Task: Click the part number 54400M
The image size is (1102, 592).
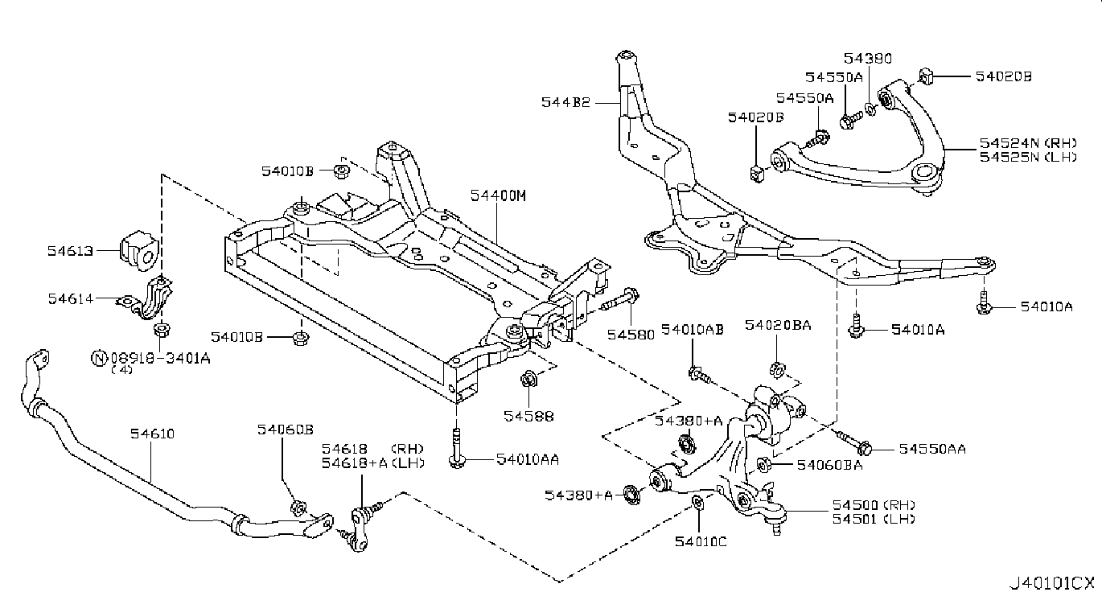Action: [498, 195]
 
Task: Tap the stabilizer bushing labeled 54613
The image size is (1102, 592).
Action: [138, 251]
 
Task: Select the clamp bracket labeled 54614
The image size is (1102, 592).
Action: [146, 298]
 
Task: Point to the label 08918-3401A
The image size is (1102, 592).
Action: [160, 358]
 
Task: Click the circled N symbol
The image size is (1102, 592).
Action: [99, 358]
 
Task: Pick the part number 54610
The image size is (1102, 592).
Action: [152, 434]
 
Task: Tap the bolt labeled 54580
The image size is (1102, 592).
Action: [621, 299]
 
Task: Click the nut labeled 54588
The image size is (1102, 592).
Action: [528, 379]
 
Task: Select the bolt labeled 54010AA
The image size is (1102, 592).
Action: [457, 448]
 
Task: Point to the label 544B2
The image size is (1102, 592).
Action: [565, 102]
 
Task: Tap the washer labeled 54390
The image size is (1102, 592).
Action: [870, 109]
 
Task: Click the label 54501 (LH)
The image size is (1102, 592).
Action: [874, 519]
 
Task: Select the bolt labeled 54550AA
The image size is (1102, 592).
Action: [853, 442]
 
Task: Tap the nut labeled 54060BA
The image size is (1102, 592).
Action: [763, 465]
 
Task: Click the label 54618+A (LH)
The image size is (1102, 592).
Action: [372, 463]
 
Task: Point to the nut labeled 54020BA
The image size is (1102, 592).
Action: [777, 369]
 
